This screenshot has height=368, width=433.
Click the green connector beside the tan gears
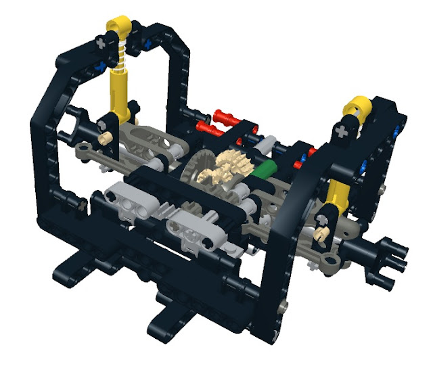click(x=260, y=169)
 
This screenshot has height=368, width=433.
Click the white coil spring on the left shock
click(x=121, y=58)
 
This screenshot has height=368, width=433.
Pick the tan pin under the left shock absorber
click(x=106, y=137)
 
